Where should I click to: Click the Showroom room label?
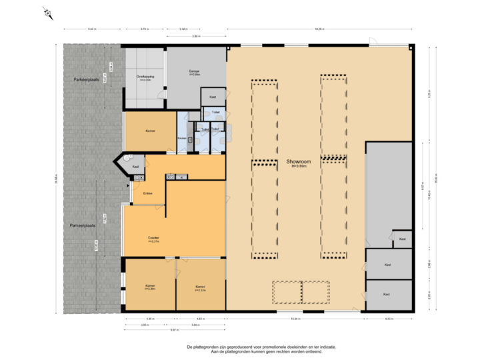pyautogui.click(x=296, y=162)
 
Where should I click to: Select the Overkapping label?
pyautogui.click(x=145, y=78)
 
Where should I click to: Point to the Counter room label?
pyautogui.click(x=153, y=238)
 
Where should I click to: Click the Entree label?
pyautogui.click(x=148, y=193)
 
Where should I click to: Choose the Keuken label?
pyautogui.click(x=182, y=138)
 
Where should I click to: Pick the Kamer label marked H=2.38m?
pyautogui.click(x=150, y=287)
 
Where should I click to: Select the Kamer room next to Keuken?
pyautogui.click(x=150, y=131)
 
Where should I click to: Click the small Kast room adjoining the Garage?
pyautogui.click(x=213, y=97)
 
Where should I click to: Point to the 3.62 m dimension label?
pyautogui.click(x=91, y=29)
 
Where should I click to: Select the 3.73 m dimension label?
pyautogui.click(x=144, y=29)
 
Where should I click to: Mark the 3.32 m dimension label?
pyautogui.click(x=183, y=29)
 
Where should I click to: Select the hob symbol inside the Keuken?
pyautogui.click(x=189, y=141)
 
